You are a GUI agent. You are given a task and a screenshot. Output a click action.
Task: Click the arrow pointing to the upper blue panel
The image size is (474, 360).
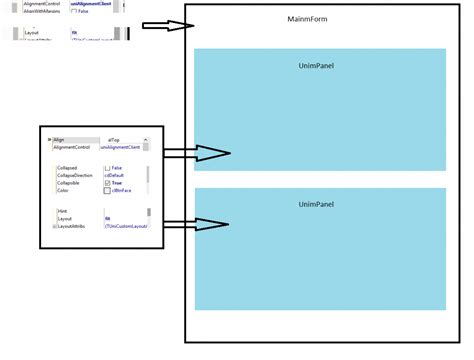[x=196, y=153]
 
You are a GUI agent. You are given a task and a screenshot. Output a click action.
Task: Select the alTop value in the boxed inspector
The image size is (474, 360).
[x=114, y=140]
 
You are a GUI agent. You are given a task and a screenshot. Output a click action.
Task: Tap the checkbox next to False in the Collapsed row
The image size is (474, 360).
[x=107, y=168]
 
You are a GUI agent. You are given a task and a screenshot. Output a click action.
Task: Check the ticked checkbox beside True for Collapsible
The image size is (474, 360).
[x=107, y=184]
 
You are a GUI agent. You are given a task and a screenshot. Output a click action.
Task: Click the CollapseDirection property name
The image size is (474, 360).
[x=76, y=176]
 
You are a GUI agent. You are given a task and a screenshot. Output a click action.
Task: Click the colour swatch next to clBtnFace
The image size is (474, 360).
[x=107, y=192]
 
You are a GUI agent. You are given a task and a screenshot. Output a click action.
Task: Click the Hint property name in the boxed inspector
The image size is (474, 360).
[x=62, y=211]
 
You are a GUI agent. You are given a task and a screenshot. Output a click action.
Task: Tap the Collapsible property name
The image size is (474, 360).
[x=70, y=184]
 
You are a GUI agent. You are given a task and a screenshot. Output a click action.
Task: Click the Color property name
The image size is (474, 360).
[x=63, y=192]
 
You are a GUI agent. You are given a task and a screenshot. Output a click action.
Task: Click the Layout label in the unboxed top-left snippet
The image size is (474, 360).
[x=32, y=33]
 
